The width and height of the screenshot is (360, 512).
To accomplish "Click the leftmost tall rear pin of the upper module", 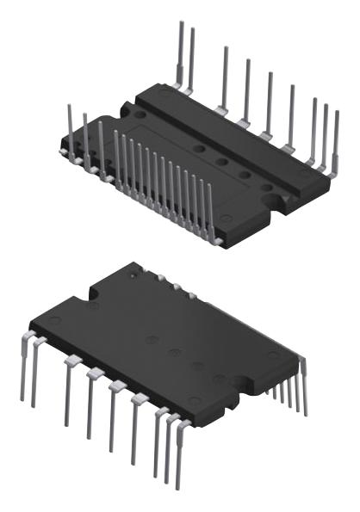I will [x=179, y=52].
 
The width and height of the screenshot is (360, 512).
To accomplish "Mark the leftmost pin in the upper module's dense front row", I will [x=116, y=151].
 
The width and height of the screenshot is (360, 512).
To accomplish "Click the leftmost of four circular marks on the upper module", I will [x=201, y=148].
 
